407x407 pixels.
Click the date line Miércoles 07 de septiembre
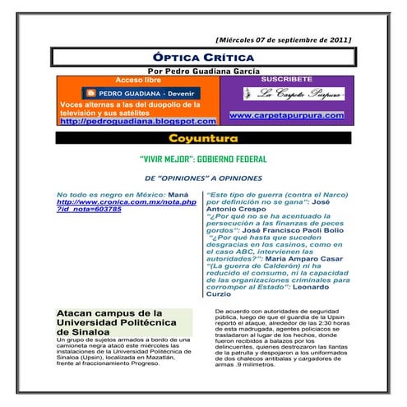point(284,39)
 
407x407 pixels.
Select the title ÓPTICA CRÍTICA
point(202,57)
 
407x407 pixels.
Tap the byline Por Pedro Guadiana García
point(202,71)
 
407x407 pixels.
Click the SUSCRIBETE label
point(285,80)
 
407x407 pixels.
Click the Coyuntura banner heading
point(202,137)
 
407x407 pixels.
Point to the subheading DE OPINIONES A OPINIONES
point(202,177)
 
